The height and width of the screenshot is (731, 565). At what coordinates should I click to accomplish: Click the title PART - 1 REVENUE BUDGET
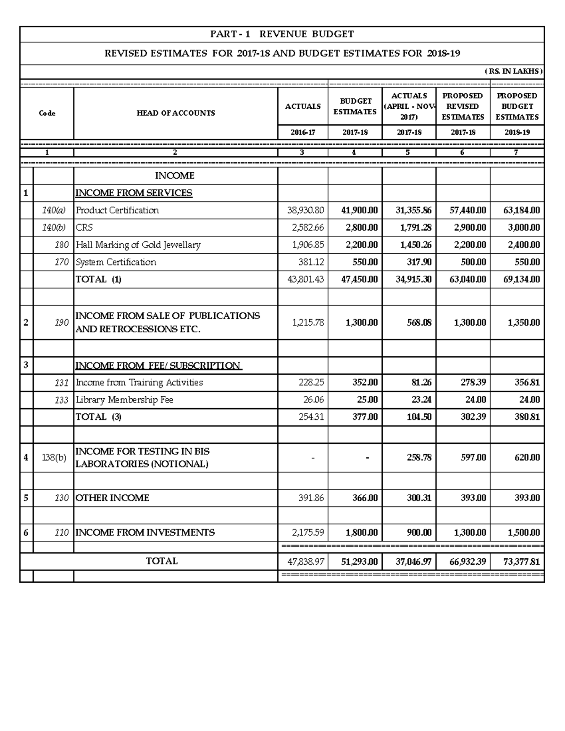pos(282,34)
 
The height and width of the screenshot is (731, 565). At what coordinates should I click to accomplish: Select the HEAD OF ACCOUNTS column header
pos(176,113)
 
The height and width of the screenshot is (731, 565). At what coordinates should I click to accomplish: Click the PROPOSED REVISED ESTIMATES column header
pos(463,106)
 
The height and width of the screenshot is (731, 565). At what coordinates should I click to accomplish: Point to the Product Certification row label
pos(117,210)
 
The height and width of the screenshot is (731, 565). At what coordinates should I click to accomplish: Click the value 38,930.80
pos(306,210)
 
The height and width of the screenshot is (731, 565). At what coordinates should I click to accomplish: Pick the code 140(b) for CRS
pos(55,228)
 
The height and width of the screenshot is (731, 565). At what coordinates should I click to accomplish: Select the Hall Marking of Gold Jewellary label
pos(138,245)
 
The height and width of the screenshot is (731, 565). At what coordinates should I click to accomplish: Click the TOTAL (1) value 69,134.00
pos(521,280)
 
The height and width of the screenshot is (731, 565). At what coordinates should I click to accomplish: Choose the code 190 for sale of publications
pos(61,323)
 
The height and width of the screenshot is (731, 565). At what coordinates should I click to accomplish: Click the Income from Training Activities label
pos(139,383)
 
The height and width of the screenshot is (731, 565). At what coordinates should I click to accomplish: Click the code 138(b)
pos(54,458)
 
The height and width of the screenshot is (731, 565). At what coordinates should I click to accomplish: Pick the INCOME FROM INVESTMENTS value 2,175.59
pos(308,533)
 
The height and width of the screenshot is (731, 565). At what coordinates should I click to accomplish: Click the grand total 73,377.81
pos(521,562)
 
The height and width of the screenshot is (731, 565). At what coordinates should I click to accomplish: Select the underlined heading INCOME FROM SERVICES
pos(134,193)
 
